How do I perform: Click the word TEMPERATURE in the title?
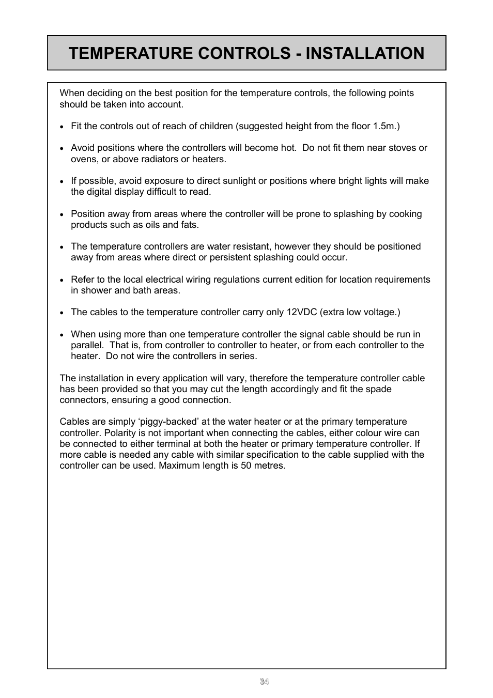(129, 53)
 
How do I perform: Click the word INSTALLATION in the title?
(365, 53)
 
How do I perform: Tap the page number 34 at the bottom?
(264, 681)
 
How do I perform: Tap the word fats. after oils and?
(190, 225)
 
